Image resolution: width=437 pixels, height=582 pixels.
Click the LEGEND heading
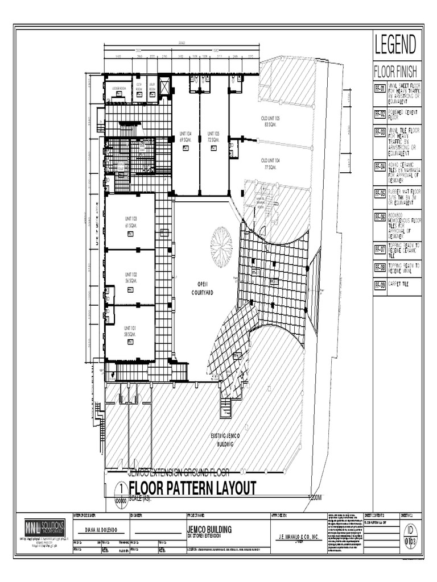pyautogui.click(x=395, y=44)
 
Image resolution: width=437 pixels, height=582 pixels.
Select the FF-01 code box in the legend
pyautogui.click(x=380, y=89)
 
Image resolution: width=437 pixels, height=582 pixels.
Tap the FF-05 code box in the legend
pyautogui.click(x=380, y=193)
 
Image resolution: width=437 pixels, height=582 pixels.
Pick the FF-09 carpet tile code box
pyautogui.click(x=380, y=285)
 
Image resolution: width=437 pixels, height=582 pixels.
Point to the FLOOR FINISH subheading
pyautogui.click(x=395, y=72)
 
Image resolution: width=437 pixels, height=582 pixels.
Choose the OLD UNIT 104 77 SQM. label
pyautogui.click(x=271, y=164)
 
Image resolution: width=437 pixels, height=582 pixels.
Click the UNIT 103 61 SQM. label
pyautogui.click(x=130, y=222)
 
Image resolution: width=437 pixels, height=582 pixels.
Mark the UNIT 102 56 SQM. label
pyautogui.click(x=130, y=278)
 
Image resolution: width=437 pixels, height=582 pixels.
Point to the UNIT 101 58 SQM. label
pyautogui.click(x=130, y=331)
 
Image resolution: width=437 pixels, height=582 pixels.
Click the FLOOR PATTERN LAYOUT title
pyautogui.click(x=192, y=488)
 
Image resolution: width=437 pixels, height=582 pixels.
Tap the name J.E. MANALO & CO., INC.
pyautogui.click(x=298, y=537)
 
